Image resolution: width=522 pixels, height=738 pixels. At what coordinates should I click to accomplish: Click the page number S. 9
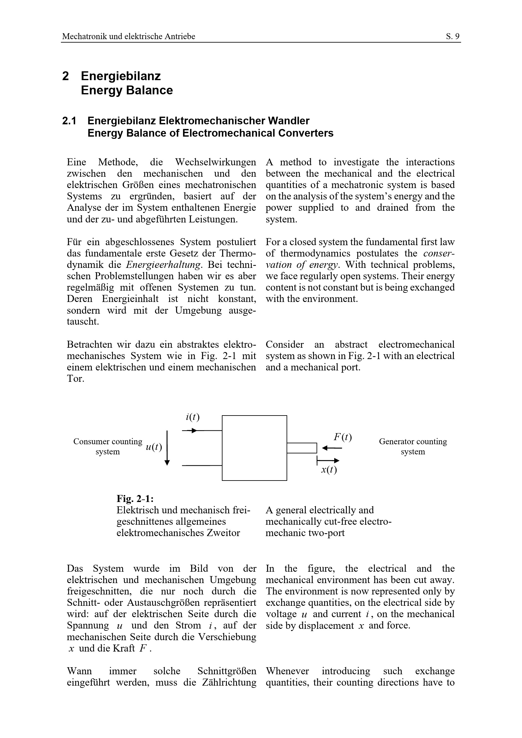tap(453, 37)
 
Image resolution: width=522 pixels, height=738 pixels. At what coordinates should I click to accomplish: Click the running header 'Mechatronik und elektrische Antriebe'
tap(128, 37)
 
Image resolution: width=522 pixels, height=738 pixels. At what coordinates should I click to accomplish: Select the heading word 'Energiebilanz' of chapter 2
tap(121, 76)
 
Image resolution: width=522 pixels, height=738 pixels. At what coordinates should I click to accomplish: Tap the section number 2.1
tap(69, 121)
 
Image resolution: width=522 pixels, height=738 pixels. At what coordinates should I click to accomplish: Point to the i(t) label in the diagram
tap(193, 417)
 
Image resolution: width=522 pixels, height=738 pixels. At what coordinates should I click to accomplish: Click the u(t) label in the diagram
tap(154, 447)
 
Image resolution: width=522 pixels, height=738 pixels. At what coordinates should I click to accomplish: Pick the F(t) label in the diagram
tap(343, 437)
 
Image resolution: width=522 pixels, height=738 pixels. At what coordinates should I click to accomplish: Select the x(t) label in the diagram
tap(329, 470)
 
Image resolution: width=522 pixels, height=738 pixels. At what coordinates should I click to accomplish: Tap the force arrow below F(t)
tap(332, 448)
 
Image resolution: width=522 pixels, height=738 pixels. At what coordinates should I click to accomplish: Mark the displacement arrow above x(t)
tap(328, 461)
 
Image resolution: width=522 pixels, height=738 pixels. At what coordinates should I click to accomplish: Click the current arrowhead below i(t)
tap(194, 430)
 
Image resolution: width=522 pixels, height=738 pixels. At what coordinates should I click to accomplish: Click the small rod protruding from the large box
tap(302, 448)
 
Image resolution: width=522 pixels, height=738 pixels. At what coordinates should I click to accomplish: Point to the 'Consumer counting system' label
tap(108, 446)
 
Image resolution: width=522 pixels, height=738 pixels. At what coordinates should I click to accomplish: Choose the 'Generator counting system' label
tap(413, 446)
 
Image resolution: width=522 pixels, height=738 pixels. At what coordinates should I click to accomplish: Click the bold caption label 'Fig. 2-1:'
tap(135, 499)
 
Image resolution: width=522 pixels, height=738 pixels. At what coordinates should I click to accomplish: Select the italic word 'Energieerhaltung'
tap(164, 265)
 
